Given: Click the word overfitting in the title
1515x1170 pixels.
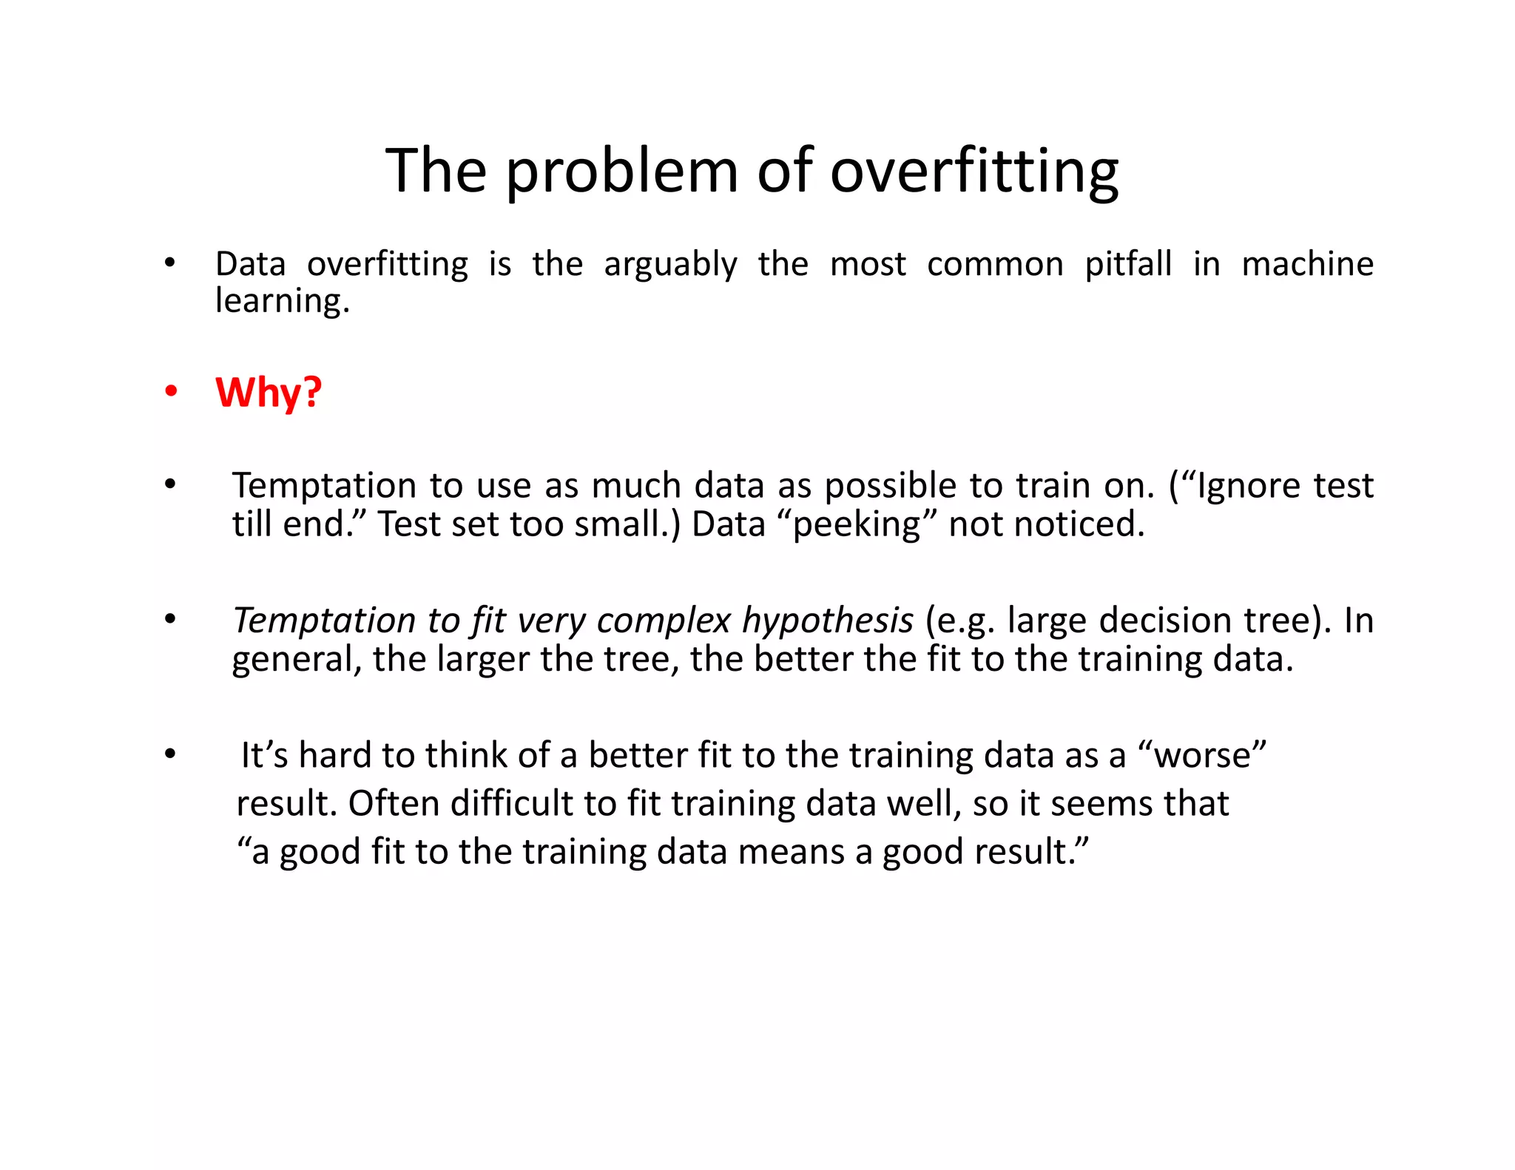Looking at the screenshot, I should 974,172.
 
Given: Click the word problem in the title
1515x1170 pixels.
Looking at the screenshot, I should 621,172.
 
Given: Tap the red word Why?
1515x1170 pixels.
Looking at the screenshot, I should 269,392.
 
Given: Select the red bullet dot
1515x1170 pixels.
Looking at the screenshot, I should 171,392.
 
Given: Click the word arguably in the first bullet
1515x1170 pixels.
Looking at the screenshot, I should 670,265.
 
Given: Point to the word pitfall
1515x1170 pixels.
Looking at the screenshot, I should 1128,264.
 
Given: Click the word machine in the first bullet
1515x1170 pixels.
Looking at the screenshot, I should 1307,264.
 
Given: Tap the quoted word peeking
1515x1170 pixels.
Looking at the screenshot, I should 857,525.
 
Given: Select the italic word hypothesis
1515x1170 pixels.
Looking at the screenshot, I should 828,620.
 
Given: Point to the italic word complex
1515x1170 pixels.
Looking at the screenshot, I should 664,621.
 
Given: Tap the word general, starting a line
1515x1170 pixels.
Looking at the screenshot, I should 297,660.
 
